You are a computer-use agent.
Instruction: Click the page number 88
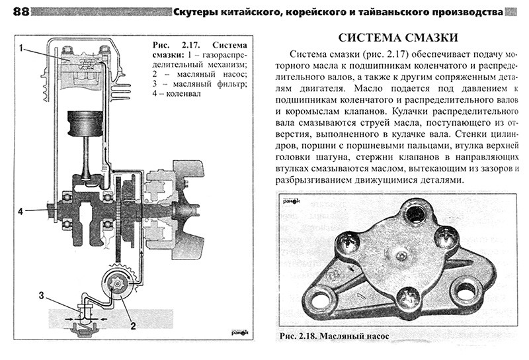click(x=21, y=12)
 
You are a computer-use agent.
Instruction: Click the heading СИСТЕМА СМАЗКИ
click(x=398, y=38)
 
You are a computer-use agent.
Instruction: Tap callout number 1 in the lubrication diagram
click(x=21, y=48)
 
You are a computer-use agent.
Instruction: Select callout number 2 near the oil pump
click(x=134, y=326)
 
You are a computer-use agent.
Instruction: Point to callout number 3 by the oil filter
click(x=41, y=296)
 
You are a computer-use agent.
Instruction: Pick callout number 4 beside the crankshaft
click(x=20, y=211)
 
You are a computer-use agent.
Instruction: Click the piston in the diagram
click(x=85, y=123)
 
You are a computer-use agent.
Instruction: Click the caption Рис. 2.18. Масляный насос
click(x=334, y=336)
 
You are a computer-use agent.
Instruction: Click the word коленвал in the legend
click(x=184, y=93)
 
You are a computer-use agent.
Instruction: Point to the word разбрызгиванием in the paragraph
click(x=313, y=180)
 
